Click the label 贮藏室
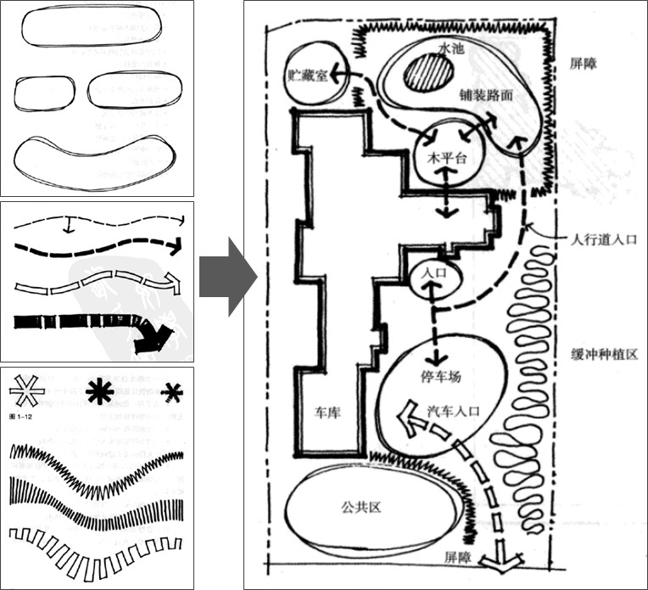(x=306, y=76)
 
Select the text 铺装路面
(x=487, y=96)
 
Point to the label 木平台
(x=444, y=159)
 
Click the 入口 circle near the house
(x=433, y=274)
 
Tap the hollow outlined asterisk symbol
(x=28, y=392)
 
